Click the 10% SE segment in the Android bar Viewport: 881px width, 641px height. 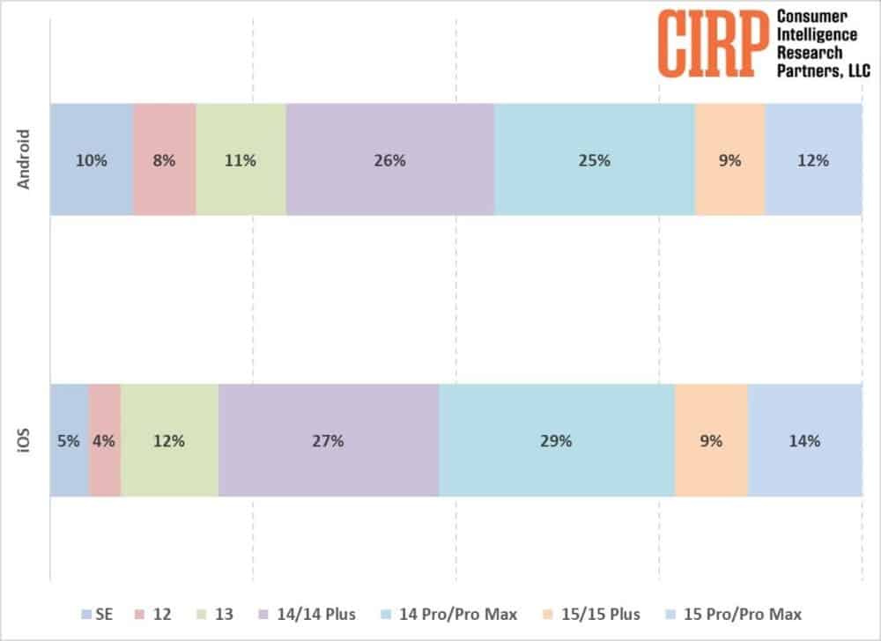[x=92, y=160]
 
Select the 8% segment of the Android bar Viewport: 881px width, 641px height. [x=164, y=160]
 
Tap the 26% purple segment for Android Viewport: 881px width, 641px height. [x=390, y=160]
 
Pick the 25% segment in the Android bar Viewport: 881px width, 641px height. [x=595, y=160]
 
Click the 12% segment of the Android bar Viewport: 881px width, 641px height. [x=813, y=160]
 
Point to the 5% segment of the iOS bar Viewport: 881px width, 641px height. [x=70, y=441]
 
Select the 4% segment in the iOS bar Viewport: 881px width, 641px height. [x=105, y=441]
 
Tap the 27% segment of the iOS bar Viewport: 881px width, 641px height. [x=329, y=441]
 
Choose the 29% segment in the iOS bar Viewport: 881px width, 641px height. [x=557, y=441]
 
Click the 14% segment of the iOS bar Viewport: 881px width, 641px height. [x=804, y=441]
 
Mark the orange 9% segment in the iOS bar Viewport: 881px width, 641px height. [x=711, y=441]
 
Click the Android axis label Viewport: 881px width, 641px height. [x=25, y=159]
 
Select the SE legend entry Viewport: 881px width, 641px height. [x=97, y=614]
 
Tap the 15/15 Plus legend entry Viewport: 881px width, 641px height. [x=598, y=614]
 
